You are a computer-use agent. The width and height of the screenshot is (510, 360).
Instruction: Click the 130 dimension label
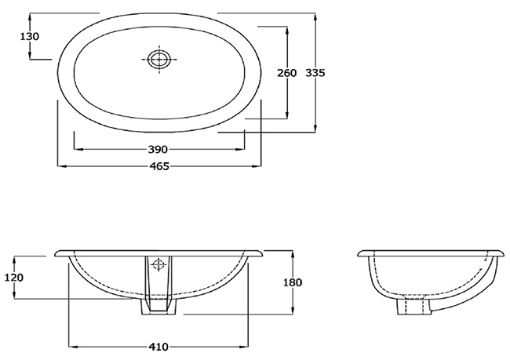coord(30,36)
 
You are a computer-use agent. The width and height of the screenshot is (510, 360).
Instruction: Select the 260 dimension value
coord(287,73)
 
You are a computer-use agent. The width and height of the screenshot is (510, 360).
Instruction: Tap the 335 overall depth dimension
coord(315,72)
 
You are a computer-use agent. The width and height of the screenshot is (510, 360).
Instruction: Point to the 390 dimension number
coord(158,149)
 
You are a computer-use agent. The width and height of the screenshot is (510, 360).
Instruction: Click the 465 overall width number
coord(159,166)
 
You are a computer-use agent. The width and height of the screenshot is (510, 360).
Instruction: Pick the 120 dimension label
coord(14,277)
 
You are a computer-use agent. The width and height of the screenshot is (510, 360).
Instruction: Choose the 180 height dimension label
coord(292,282)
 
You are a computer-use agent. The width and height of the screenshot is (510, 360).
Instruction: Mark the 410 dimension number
coord(159,347)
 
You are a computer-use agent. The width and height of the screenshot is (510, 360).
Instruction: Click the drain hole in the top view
coord(159,59)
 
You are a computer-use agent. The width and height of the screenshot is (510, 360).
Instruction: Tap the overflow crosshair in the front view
coord(158,265)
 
